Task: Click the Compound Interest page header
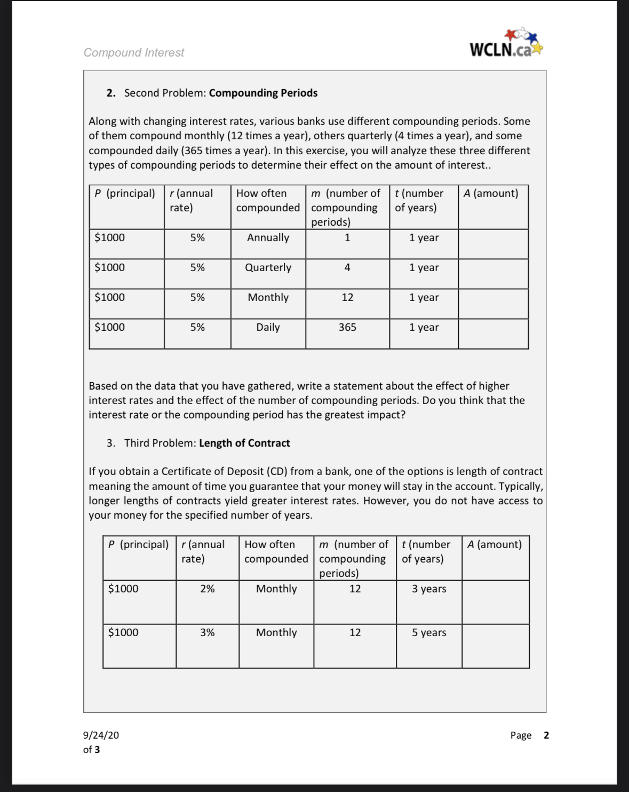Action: [x=133, y=52]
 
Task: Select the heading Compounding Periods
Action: [x=263, y=93]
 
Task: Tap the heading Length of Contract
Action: [x=244, y=443]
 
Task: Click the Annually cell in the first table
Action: [x=268, y=238]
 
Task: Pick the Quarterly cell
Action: [x=268, y=268]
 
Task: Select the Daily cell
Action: [x=268, y=328]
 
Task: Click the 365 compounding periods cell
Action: [x=347, y=328]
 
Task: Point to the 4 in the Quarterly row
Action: [x=347, y=268]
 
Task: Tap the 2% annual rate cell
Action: [x=208, y=589]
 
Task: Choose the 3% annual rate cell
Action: [x=208, y=633]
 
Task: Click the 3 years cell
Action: [x=429, y=589]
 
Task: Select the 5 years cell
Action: [x=429, y=633]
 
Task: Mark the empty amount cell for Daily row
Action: [x=493, y=334]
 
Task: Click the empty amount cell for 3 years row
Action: [x=495, y=602]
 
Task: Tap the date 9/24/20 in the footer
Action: [x=101, y=735]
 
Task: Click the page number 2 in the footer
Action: [x=546, y=735]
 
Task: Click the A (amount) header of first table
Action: [x=491, y=193]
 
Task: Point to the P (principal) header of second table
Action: [x=138, y=544]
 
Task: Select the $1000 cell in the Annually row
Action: [x=110, y=238]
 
